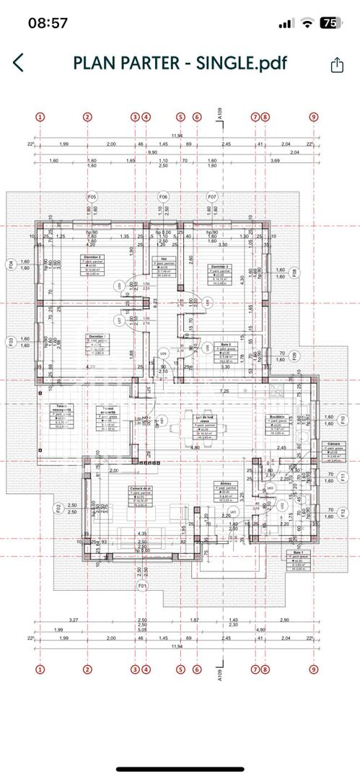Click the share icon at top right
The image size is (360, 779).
pyautogui.click(x=336, y=64)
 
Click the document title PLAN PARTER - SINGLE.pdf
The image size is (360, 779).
pyautogui.click(x=180, y=63)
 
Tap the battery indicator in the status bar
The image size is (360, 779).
pyautogui.click(x=331, y=22)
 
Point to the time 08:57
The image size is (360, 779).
pyautogui.click(x=48, y=22)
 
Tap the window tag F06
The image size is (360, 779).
pyautogui.click(x=164, y=196)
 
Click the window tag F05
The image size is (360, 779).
pyautogui.click(x=92, y=196)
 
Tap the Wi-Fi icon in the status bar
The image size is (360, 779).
pyautogui.click(x=308, y=22)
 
